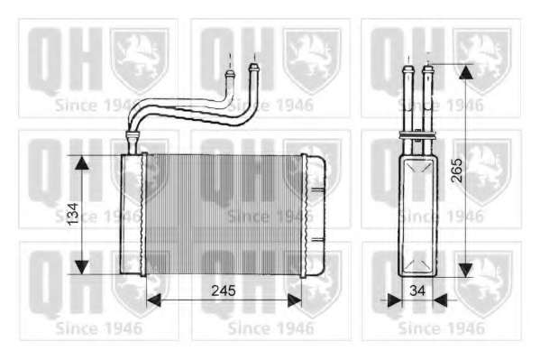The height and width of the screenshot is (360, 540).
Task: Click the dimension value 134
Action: coord(73,214)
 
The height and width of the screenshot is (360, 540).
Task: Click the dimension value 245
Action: coord(224,291)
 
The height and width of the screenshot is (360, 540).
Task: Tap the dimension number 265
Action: coord(457,170)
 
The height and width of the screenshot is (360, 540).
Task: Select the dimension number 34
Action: coord(417,291)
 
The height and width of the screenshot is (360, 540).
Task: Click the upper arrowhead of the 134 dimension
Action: coord(82,162)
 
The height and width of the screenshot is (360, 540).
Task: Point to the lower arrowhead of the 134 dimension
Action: coord(82,268)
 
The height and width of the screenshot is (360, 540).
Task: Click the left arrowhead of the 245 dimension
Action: coord(154,300)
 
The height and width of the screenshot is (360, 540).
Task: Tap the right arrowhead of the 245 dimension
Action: coord(295,300)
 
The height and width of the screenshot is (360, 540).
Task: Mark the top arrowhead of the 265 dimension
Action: coord(465,71)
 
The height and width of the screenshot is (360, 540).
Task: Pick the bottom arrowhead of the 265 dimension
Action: coord(465,270)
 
